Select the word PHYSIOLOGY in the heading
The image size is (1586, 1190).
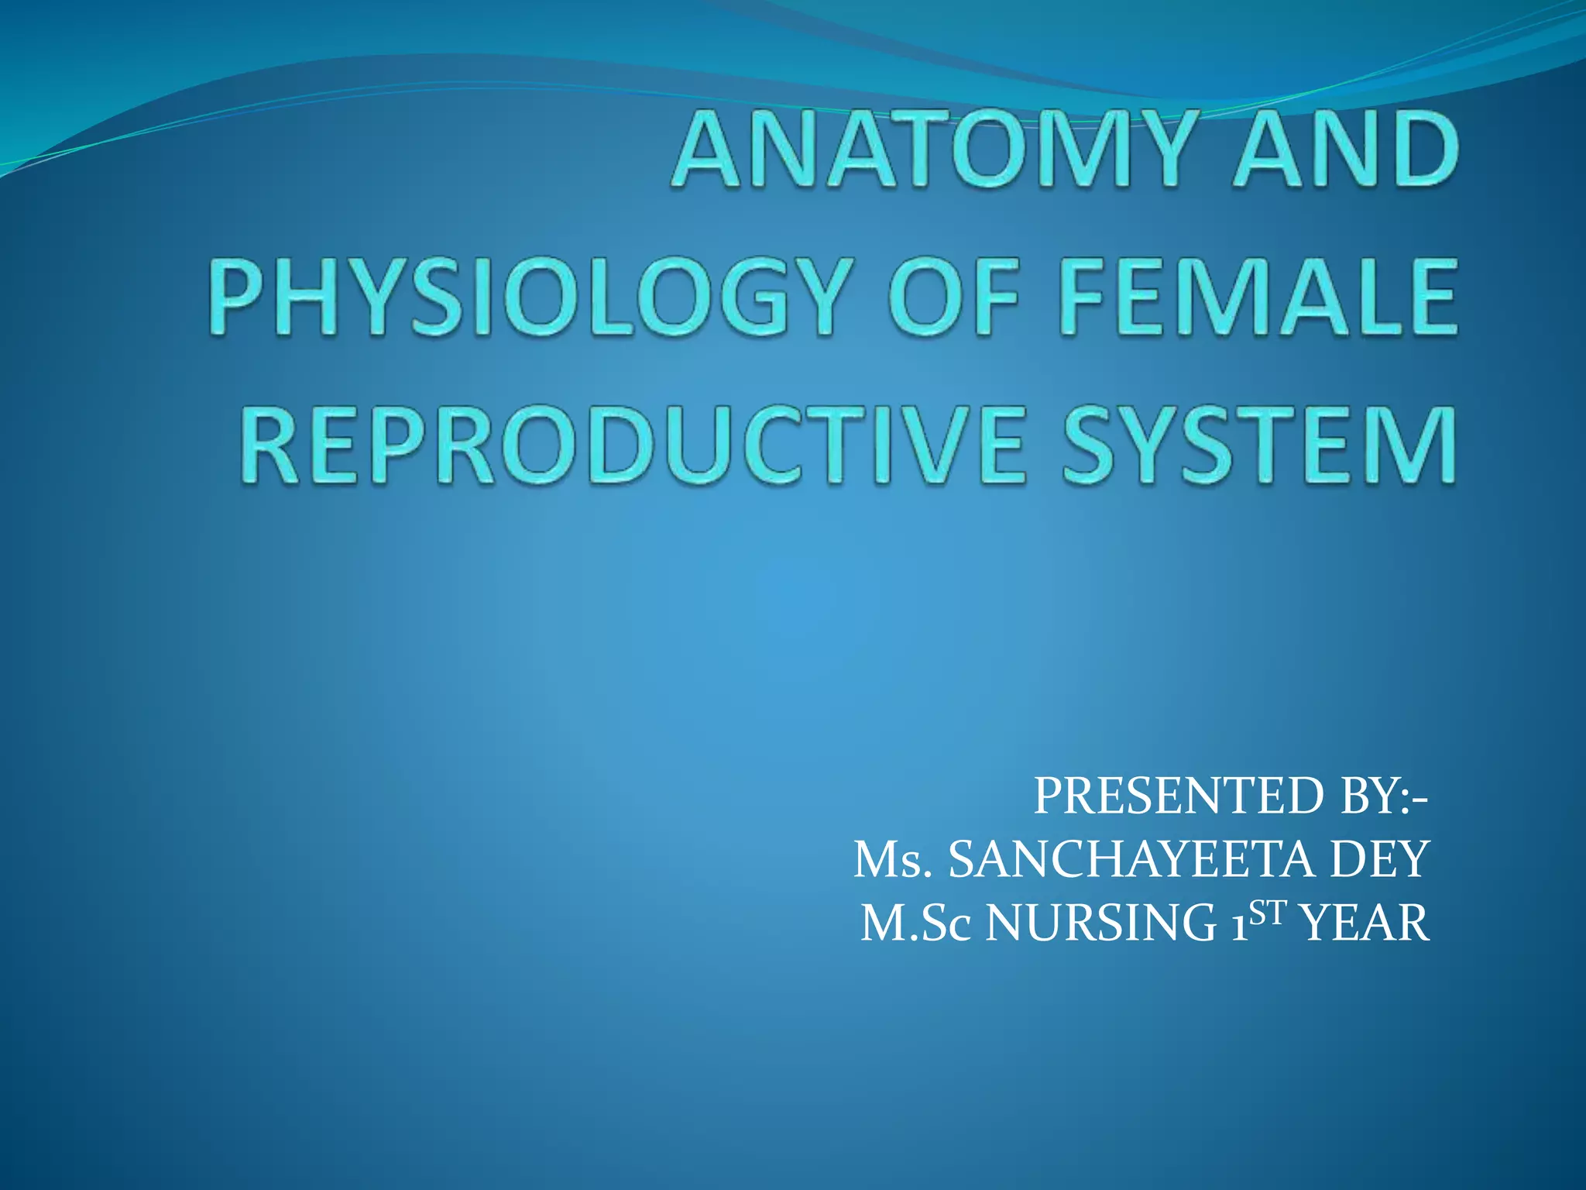click(x=527, y=297)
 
